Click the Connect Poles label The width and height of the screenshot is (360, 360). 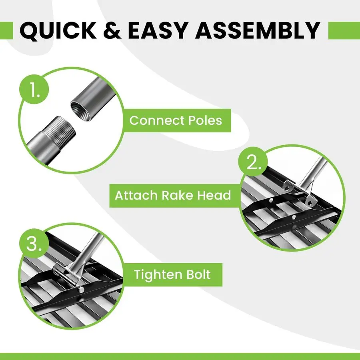tap(176, 120)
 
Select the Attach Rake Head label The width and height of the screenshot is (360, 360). tap(173, 196)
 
